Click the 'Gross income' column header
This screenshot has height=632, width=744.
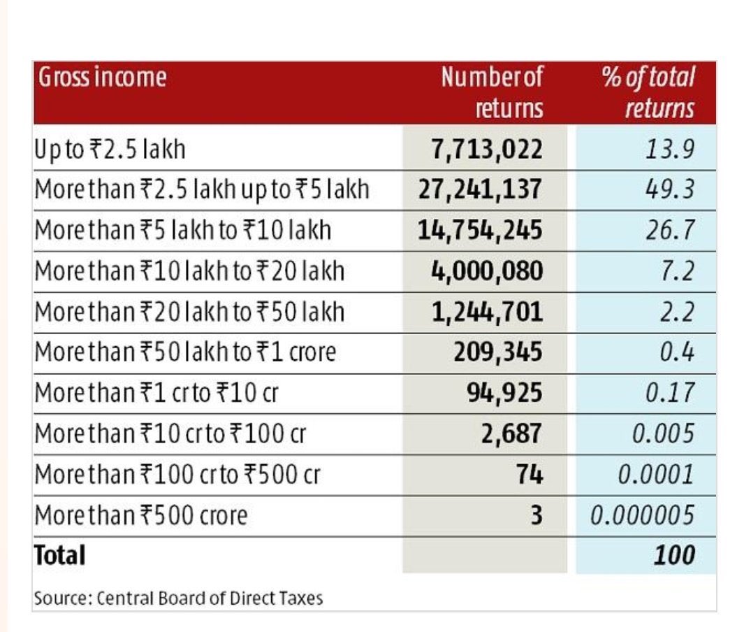tap(102, 77)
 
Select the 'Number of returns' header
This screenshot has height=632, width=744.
tap(492, 92)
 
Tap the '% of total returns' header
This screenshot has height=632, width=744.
tap(648, 92)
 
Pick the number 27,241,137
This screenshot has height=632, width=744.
tap(480, 190)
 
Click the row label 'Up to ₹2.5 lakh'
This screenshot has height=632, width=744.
tap(110, 150)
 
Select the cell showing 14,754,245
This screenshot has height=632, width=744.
tap(480, 231)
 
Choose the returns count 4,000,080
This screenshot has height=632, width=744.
tap(488, 271)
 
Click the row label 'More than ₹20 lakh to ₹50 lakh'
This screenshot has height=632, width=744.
tap(189, 312)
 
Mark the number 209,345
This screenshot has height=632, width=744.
tap(497, 352)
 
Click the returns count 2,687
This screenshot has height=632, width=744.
tap(511, 433)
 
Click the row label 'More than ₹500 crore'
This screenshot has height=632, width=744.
tap(141, 515)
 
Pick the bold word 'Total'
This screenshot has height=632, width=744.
tap(60, 556)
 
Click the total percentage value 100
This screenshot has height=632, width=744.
tap(675, 556)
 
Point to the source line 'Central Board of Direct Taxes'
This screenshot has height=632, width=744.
tap(210, 598)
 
